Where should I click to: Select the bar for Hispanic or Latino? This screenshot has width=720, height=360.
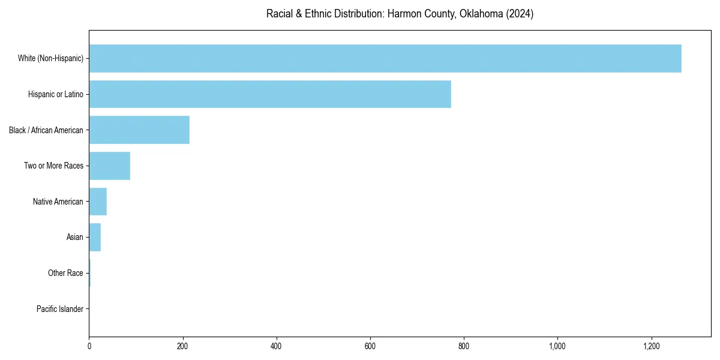point(270,94)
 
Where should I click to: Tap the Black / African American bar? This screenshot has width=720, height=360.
point(139,130)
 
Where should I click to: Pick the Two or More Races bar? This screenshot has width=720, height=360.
point(110,166)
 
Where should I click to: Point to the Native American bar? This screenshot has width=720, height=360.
point(98,202)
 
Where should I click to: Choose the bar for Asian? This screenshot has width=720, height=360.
point(95,238)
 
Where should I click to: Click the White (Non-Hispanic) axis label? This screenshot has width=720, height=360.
point(50,58)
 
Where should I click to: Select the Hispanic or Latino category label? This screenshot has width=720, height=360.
point(56,94)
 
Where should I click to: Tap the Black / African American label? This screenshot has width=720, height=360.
point(46,130)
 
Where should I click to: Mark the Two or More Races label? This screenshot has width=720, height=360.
point(54,166)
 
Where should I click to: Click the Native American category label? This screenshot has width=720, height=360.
point(58,202)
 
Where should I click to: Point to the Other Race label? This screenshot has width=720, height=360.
point(65,273)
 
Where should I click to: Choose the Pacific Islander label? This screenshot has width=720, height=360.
point(60,309)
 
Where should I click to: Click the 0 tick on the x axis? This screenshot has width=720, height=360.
point(89,346)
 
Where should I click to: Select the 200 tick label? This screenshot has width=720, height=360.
point(183,346)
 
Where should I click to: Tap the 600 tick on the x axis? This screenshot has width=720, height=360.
point(370,346)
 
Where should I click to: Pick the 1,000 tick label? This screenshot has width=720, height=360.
point(557,346)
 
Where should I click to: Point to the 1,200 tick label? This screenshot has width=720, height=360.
point(652,346)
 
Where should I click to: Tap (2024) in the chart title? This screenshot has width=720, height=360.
point(520,14)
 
